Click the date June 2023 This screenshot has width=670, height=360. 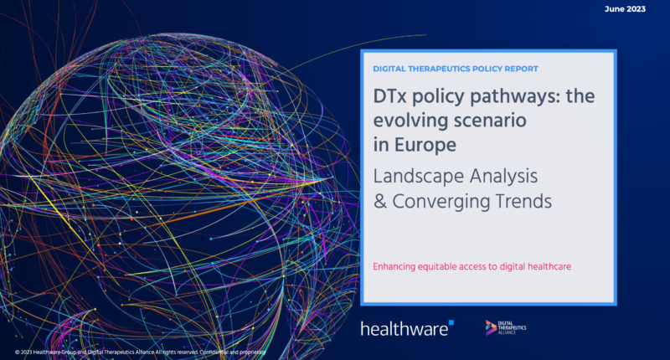(x=625, y=9)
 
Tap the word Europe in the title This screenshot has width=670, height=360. (x=425, y=145)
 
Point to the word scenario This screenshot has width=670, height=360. (x=490, y=121)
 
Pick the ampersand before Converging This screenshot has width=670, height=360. (x=380, y=202)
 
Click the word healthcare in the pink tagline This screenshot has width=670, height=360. (x=549, y=266)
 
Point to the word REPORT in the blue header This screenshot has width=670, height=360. (x=521, y=69)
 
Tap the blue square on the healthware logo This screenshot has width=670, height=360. (x=451, y=322)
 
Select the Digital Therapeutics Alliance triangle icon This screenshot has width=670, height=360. (x=491, y=327)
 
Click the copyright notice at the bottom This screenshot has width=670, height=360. (x=140, y=352)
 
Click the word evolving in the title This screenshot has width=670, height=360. (x=410, y=121)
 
